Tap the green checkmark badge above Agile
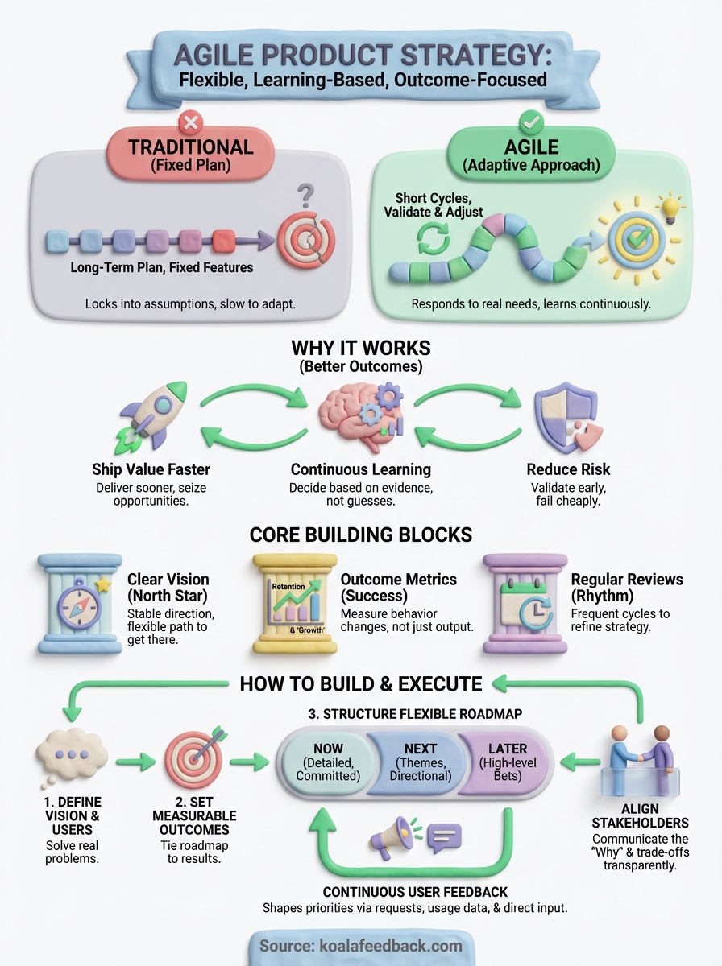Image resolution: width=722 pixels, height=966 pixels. click(533, 123)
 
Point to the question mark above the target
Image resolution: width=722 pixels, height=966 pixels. click(306, 196)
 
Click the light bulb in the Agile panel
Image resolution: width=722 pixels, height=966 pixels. click(671, 208)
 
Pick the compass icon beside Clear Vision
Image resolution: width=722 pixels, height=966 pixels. click(80, 601)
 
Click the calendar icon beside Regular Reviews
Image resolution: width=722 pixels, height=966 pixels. click(525, 602)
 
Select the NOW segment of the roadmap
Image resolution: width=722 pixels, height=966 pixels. click(327, 762)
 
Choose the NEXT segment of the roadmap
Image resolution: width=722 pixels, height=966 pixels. click(420, 762)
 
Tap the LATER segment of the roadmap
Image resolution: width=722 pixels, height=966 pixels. click(508, 762)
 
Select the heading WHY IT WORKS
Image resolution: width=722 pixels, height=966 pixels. click(360, 349)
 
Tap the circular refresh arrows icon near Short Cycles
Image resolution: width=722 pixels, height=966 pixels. click(436, 239)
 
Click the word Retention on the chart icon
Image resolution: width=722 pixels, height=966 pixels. click(289, 587)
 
